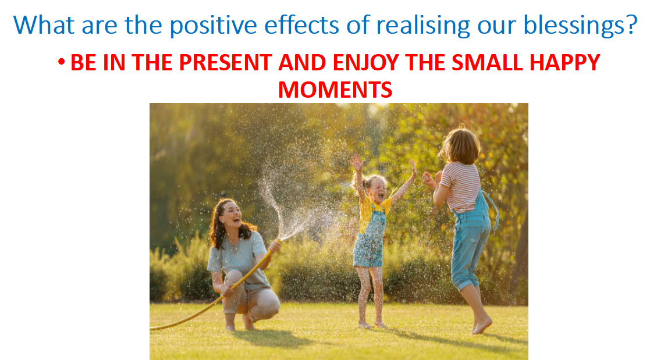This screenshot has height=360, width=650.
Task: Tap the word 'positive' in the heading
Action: pyautogui.click(x=213, y=26)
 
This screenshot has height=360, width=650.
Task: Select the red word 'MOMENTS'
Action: pyautogui.click(x=335, y=90)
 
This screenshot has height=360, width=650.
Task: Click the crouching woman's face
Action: pyautogui.click(x=232, y=214)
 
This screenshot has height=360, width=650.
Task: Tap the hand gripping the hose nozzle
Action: pyautogui.click(x=275, y=246)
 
